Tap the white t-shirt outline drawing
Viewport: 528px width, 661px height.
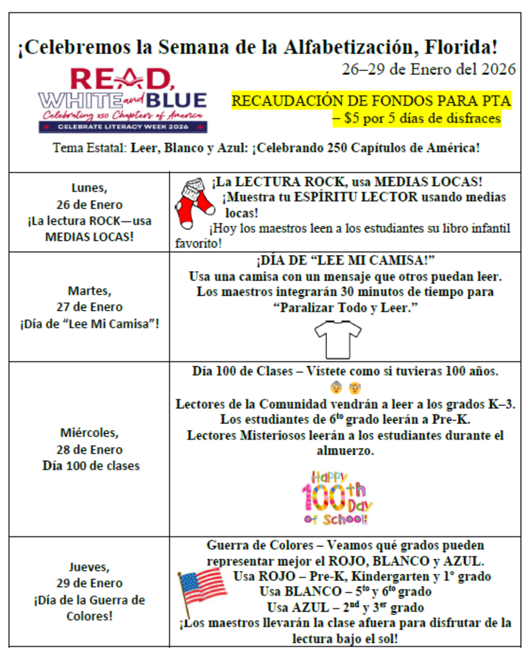(339, 338)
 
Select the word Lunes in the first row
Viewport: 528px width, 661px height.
(88, 188)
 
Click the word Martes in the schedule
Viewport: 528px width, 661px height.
(88, 290)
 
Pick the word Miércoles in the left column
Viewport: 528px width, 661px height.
(88, 433)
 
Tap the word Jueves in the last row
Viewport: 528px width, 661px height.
(88, 567)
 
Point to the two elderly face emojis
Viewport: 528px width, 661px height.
(344, 389)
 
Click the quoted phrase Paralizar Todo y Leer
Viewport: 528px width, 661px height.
(345, 309)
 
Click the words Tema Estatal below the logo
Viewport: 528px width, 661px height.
(90, 147)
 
